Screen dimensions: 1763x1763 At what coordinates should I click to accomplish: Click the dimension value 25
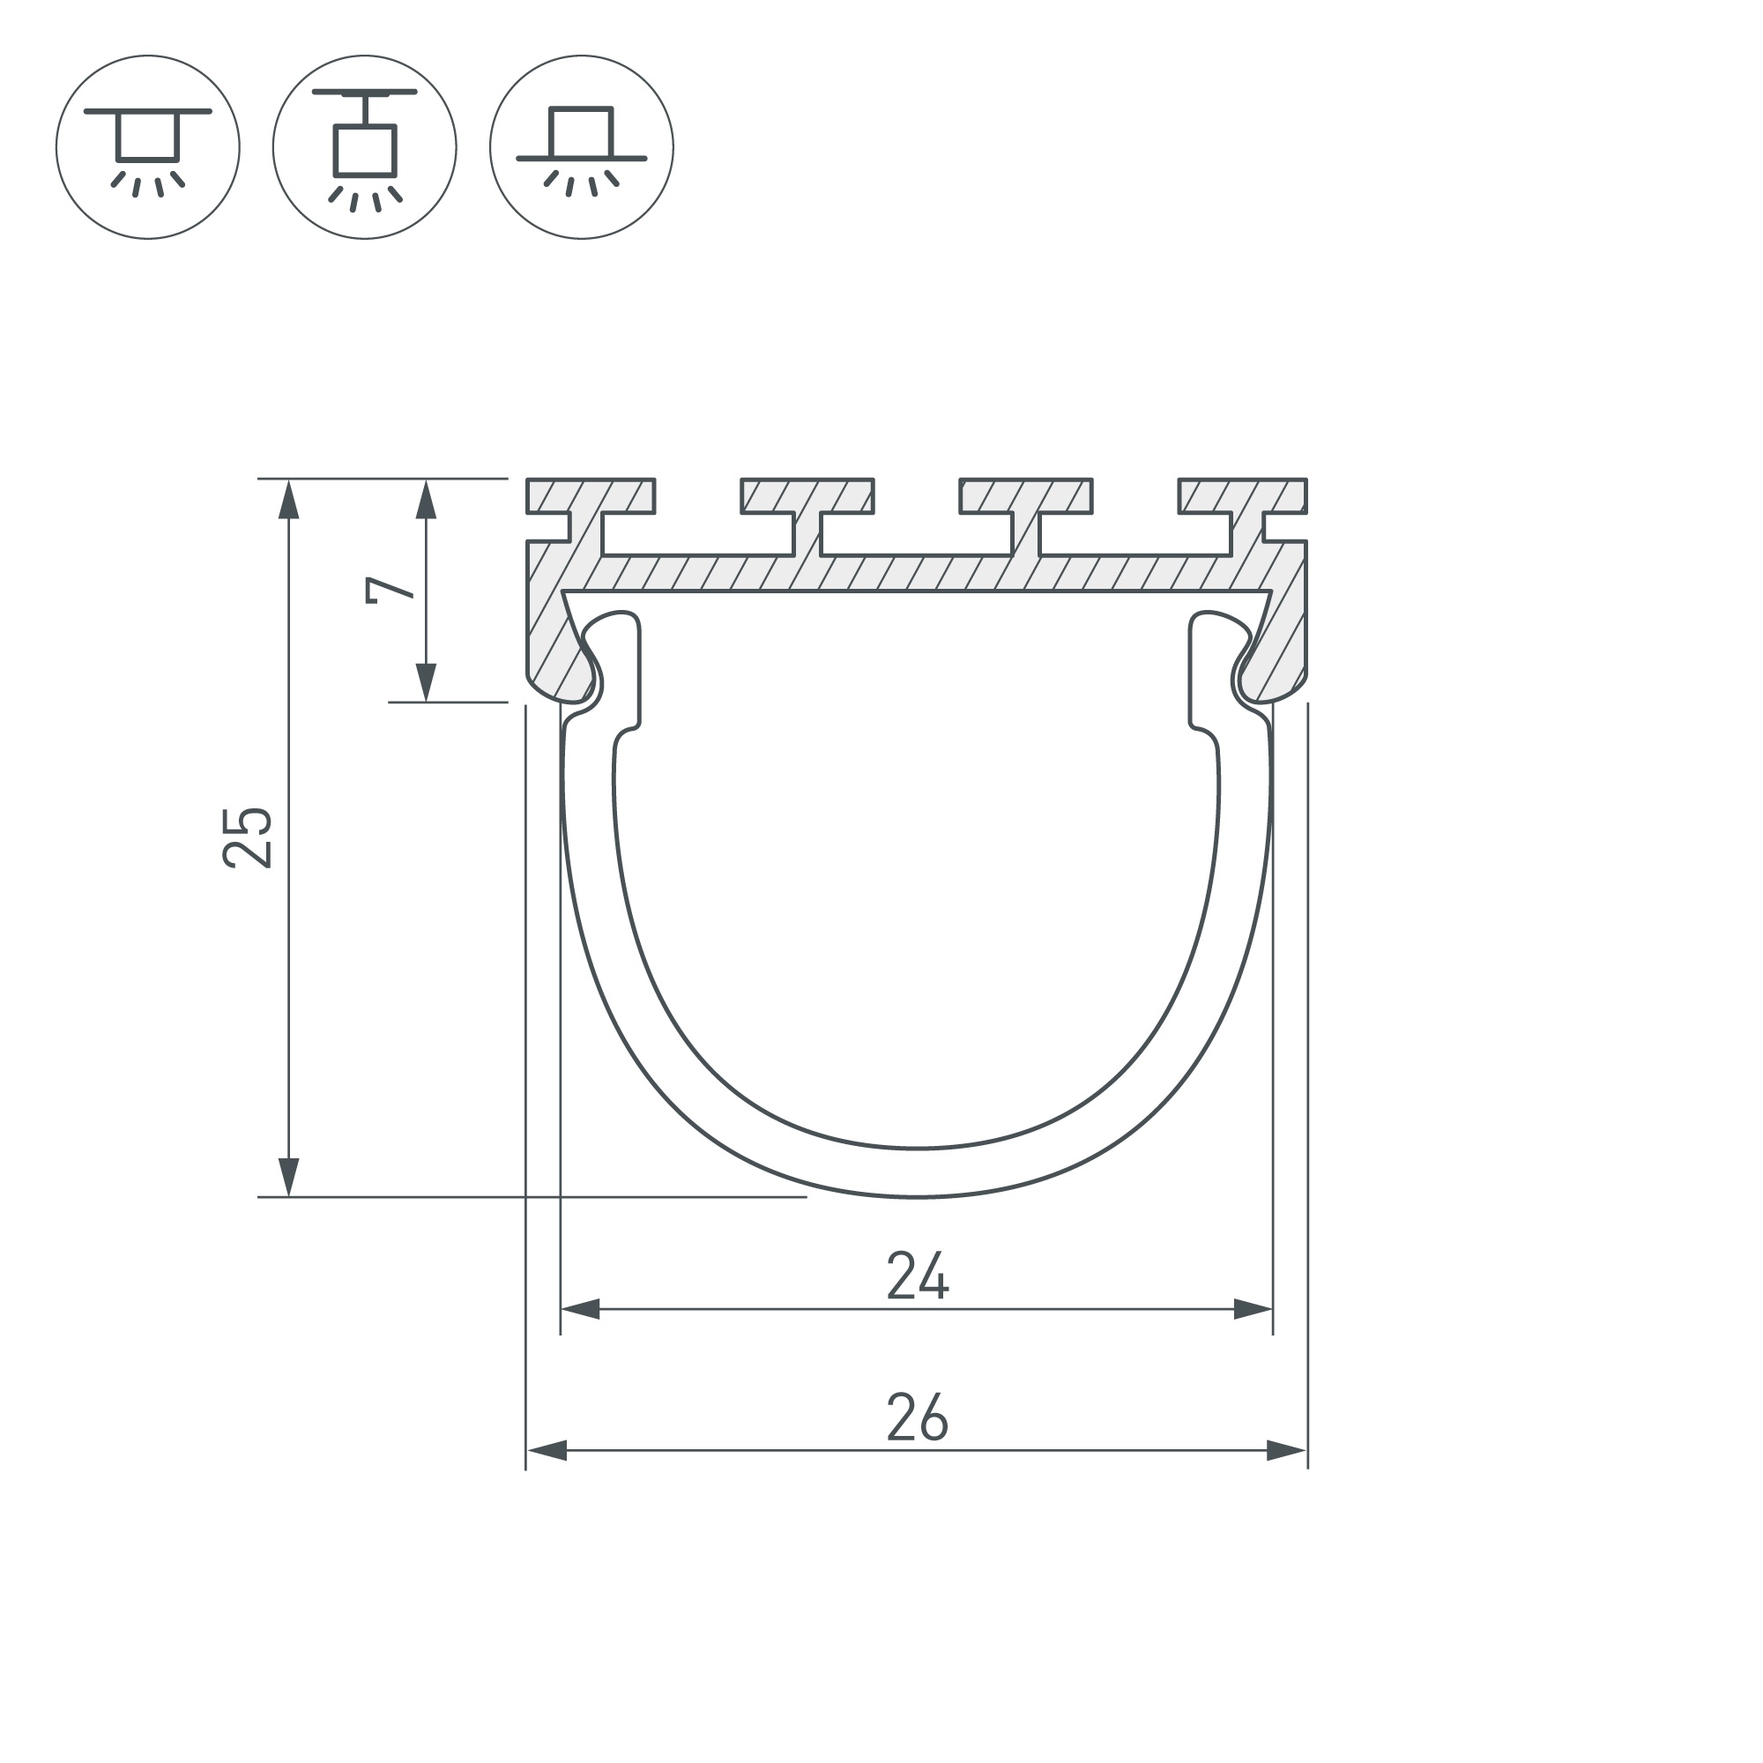pyautogui.click(x=248, y=837)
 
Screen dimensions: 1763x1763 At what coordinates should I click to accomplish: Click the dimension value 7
pyautogui.click(x=390, y=590)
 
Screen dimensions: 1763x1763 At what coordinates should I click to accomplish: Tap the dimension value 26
pyautogui.click(x=918, y=1418)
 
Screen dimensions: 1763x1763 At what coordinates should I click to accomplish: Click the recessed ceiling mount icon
pyautogui.click(x=148, y=147)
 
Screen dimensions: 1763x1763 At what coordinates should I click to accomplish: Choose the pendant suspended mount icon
pyautogui.click(x=364, y=147)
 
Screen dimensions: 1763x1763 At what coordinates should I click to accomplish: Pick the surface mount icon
pyautogui.click(x=581, y=147)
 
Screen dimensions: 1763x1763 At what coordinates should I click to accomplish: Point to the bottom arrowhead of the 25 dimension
pyautogui.click(x=288, y=1176)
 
